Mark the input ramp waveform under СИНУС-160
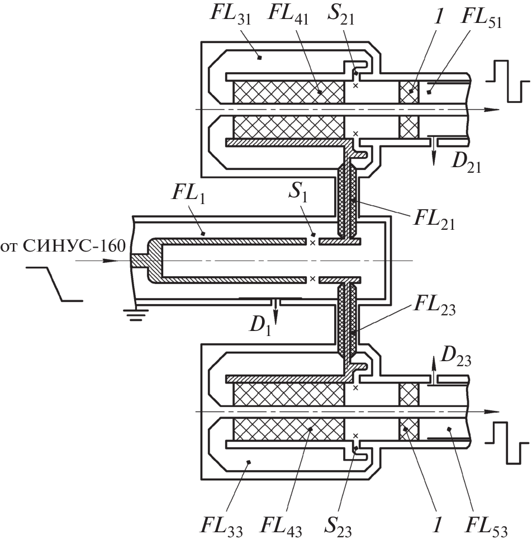[56, 283]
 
